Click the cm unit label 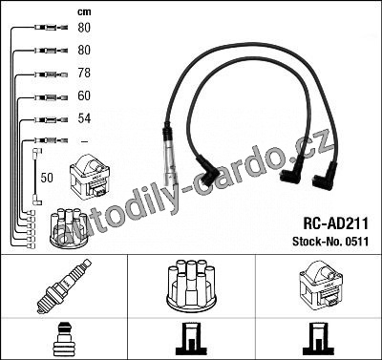click(84, 12)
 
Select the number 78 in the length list click(84, 73)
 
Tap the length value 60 click(84, 95)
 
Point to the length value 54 click(84, 118)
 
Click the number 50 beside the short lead click(47, 178)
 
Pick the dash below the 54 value click(84, 141)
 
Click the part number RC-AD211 click(335, 223)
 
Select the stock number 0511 click(355, 242)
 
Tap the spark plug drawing click(64, 286)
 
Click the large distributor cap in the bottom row click(191, 286)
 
